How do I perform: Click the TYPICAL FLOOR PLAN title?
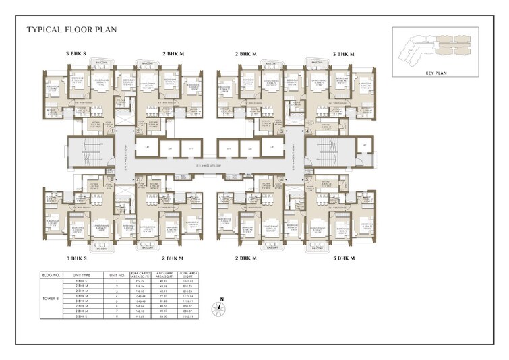click(x=62, y=30)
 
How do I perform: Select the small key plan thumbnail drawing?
click(x=435, y=47)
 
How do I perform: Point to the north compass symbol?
click(x=218, y=308)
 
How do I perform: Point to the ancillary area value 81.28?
click(x=164, y=301)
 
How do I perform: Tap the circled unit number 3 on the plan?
click(x=290, y=132)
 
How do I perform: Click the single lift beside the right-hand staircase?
click(x=365, y=146)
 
